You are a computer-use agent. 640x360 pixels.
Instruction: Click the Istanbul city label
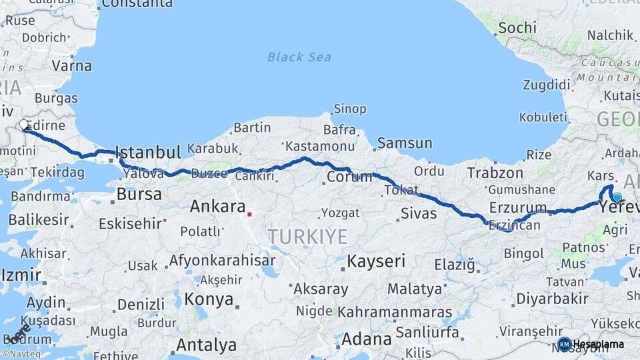point(147,151)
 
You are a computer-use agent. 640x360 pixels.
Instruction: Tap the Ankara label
point(218,206)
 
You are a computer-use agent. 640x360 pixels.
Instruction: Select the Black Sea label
point(299,57)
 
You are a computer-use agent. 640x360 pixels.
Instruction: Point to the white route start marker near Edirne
point(24,125)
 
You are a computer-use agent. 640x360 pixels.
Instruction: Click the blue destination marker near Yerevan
point(617,197)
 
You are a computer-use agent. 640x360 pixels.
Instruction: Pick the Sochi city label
point(517,27)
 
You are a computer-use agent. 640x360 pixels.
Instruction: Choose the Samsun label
point(405,143)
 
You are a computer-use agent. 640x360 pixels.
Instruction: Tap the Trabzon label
point(495,173)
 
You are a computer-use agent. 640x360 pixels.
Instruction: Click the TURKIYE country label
point(307,236)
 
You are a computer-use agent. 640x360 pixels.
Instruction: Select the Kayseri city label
point(376,261)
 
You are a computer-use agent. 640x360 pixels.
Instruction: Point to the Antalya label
point(206,345)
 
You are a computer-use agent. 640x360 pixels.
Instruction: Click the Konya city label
point(209,298)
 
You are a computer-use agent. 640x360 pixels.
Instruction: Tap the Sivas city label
point(419,213)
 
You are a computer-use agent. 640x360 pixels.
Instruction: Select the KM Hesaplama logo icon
point(564,344)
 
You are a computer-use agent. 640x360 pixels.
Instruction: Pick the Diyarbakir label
point(553,297)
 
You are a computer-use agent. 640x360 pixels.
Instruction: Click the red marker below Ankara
point(249,214)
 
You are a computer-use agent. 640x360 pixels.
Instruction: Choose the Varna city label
point(71,66)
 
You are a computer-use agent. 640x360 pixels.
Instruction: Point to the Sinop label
point(349,109)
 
